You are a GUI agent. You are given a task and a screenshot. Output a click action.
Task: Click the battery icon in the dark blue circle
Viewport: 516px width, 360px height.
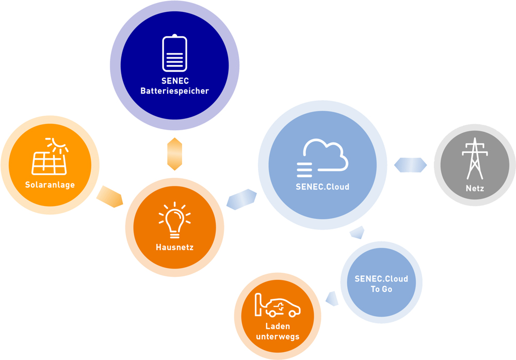[x=174, y=53]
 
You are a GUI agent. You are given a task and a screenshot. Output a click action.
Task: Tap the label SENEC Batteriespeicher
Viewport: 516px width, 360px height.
[x=174, y=86]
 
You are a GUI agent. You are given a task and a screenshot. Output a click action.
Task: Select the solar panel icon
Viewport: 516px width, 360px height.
[x=49, y=162]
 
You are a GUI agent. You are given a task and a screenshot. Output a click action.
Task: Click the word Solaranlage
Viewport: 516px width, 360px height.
[x=50, y=185]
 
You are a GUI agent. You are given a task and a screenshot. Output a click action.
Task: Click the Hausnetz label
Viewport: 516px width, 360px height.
[x=174, y=247]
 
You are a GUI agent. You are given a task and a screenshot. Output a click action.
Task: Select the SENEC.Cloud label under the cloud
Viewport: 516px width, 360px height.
[x=322, y=187]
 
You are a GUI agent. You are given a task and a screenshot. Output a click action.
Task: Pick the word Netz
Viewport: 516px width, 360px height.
[x=475, y=189]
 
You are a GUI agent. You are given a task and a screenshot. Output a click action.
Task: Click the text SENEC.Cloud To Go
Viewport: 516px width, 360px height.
[x=381, y=284]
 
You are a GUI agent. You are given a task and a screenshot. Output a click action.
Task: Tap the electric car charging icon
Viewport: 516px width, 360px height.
[x=277, y=305]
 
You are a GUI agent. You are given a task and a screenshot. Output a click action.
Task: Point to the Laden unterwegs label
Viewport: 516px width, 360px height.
[x=278, y=332]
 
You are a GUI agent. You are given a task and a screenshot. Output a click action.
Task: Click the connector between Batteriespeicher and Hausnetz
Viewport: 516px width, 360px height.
[x=175, y=154]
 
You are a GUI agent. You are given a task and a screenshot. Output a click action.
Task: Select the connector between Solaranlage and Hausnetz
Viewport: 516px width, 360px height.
[x=110, y=196]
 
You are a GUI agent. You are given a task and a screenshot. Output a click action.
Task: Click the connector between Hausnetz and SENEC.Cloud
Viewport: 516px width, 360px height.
[x=241, y=199]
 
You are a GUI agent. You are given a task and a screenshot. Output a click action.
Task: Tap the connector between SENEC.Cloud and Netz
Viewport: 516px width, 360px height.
[x=410, y=165]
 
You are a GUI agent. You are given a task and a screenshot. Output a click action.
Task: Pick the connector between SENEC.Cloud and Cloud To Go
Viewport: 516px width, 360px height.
[x=357, y=232]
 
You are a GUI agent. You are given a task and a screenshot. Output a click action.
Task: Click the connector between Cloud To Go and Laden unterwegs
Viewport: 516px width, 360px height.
[x=332, y=299]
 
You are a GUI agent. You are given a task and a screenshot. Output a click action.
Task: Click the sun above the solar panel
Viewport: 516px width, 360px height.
[x=58, y=144]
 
